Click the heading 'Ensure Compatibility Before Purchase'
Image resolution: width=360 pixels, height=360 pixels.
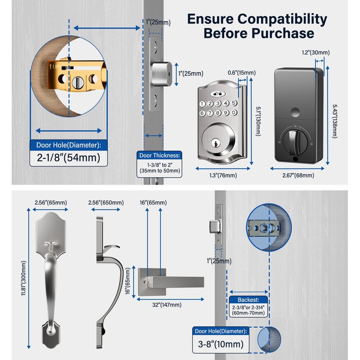pyautogui.click(x=257, y=26)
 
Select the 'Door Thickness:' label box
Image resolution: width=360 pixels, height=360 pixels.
pyautogui.click(x=159, y=155)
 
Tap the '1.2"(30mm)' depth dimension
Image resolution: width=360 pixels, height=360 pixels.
pyautogui.click(x=316, y=53)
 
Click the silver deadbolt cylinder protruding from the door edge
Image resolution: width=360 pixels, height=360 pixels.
pyautogui.click(x=160, y=72)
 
